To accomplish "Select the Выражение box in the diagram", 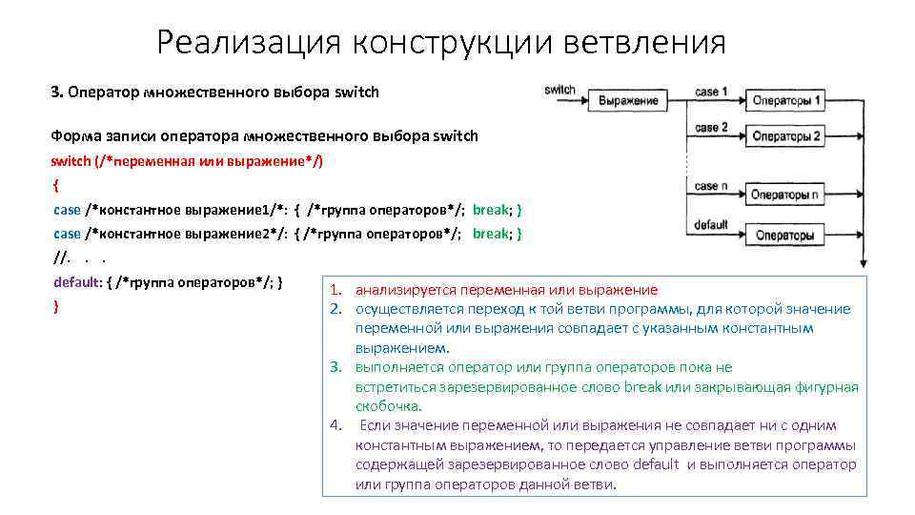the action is click(x=628, y=100).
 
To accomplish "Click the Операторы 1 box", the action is click(x=786, y=100).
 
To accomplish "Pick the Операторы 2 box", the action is click(x=786, y=135).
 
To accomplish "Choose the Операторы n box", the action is click(x=784, y=196).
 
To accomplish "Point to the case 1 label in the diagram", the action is click(x=712, y=93).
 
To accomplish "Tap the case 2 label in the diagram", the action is click(x=712, y=128).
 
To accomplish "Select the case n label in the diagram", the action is click(x=712, y=187).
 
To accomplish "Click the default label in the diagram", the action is click(x=712, y=226).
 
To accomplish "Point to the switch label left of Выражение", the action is click(x=559, y=91).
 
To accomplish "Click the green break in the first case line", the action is click(x=491, y=209).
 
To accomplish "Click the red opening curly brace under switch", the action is click(x=57, y=185).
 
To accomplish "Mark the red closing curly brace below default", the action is click(x=57, y=305).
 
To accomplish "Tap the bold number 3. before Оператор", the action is click(x=57, y=93).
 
